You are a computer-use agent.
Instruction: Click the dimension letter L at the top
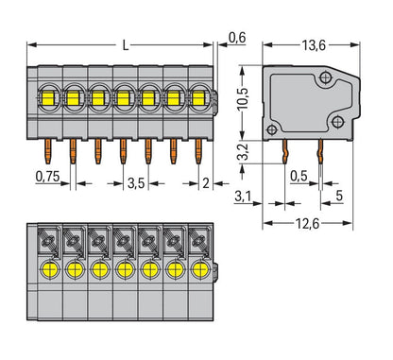pyautogui.click(x=127, y=44)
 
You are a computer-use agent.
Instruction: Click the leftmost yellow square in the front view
pyautogui.click(x=48, y=96)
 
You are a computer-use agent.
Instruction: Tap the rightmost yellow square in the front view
pyautogui.click(x=198, y=96)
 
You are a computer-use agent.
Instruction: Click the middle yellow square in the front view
pyautogui.click(x=124, y=96)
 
